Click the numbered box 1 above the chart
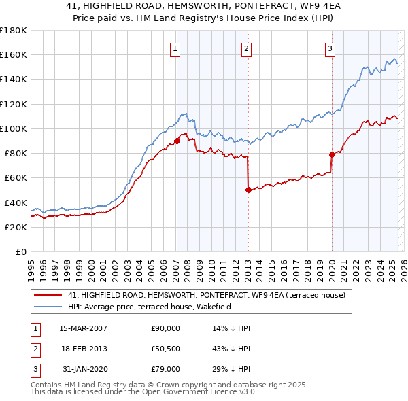(x=175, y=48)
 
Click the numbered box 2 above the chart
(x=245, y=48)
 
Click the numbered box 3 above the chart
(x=330, y=48)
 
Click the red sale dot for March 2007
(x=177, y=141)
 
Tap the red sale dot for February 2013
(x=248, y=190)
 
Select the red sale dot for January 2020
(x=333, y=154)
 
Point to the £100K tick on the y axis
(x=13, y=128)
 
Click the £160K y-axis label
(x=13, y=55)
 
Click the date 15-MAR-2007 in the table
(x=83, y=328)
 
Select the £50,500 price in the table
(x=165, y=349)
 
